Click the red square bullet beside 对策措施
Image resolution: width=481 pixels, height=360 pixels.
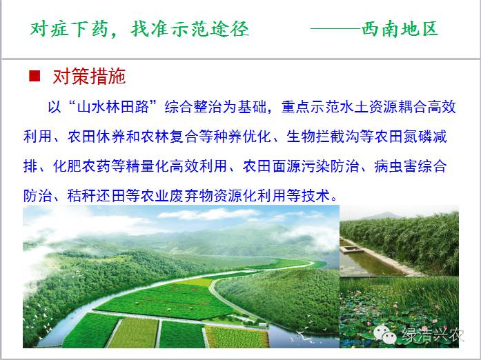click(x=35, y=76)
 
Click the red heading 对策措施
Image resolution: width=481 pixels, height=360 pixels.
click(x=89, y=77)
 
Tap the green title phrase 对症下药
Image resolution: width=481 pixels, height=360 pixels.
click(x=68, y=30)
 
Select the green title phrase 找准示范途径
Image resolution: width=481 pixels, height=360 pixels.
click(x=190, y=30)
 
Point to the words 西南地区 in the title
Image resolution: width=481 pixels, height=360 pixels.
click(x=400, y=29)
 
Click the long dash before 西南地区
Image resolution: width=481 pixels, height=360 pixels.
click(x=335, y=29)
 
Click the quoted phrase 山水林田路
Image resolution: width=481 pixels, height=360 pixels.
click(x=113, y=107)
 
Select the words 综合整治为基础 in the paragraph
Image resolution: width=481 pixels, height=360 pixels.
click(x=215, y=107)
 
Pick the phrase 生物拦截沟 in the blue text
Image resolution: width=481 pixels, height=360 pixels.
click(x=323, y=137)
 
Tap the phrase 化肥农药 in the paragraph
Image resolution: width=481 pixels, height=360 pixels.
click(x=82, y=166)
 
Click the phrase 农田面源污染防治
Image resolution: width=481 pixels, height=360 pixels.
click(x=301, y=166)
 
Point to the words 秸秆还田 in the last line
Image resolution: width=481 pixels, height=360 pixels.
click(x=97, y=195)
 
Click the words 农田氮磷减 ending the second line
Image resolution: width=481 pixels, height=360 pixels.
click(x=411, y=137)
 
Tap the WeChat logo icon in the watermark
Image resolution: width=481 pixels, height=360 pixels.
click(x=385, y=334)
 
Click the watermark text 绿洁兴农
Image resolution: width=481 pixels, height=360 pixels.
click(x=433, y=334)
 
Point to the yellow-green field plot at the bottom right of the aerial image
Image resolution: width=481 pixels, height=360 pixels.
click(x=237, y=337)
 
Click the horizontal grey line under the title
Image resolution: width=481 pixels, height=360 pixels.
click(x=240, y=58)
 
